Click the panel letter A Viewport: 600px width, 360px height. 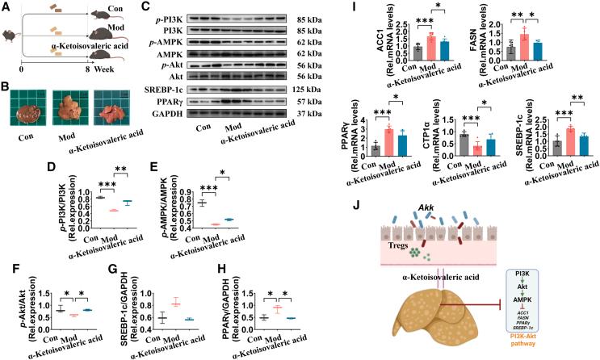tap(7, 7)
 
